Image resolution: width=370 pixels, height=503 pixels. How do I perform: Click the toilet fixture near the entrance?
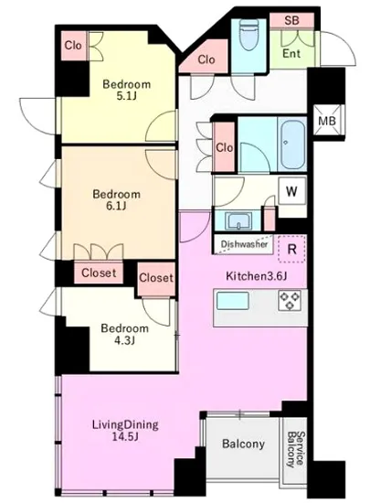point(248,35)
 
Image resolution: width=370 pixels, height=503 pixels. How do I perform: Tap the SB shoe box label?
point(291,20)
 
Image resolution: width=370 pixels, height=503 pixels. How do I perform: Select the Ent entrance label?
point(291,53)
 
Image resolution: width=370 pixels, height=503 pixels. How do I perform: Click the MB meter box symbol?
point(327,121)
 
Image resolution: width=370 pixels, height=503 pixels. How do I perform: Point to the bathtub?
point(291,144)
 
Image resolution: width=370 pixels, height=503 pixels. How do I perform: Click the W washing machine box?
point(291,191)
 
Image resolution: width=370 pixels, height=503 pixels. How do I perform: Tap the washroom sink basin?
point(238,220)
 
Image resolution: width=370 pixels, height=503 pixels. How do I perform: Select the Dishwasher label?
point(244,244)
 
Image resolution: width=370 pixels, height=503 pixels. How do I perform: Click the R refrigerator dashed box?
point(291,249)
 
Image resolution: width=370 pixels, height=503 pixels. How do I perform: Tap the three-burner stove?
point(290,301)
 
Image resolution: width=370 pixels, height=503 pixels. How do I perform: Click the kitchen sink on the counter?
point(233,301)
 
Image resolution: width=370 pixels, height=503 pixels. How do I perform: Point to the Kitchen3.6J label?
point(256,276)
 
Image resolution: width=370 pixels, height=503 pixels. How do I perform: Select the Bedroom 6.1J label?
point(116,199)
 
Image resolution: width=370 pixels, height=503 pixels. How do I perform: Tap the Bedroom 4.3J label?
point(124,334)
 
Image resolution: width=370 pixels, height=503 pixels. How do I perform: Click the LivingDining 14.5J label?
point(125,430)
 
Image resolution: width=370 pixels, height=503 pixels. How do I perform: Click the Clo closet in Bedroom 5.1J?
point(73,46)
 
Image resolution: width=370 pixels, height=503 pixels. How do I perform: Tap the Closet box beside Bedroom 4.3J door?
point(156,278)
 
